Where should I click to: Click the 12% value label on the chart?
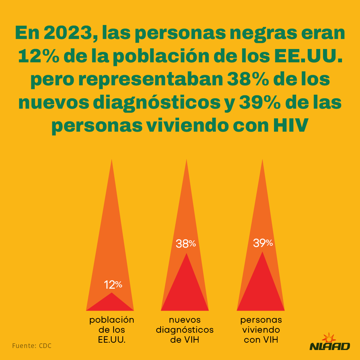click(x=113, y=285)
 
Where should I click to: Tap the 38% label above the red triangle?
click(x=186, y=244)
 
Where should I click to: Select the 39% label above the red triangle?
click(x=263, y=243)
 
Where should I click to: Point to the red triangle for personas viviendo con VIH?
click(x=261, y=290)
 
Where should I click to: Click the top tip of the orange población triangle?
click(x=111, y=161)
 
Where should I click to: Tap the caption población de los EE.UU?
click(x=112, y=330)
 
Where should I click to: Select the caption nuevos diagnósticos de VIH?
click(x=185, y=330)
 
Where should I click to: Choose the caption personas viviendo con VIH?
click(x=261, y=330)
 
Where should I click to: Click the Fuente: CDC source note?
click(x=32, y=346)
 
